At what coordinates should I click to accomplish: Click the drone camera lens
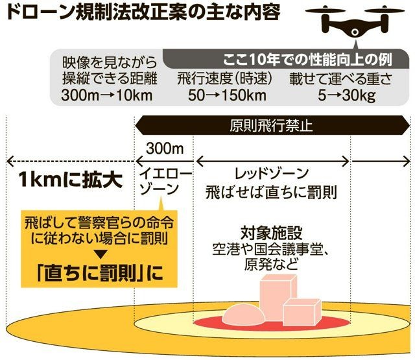click(355, 32)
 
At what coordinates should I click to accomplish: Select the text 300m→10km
click(107, 95)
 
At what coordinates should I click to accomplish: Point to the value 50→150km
click(227, 95)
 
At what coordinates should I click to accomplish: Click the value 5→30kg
click(347, 95)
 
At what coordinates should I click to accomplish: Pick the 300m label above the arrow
click(165, 149)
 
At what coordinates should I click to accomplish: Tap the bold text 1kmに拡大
click(71, 180)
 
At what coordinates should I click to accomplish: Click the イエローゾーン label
click(165, 182)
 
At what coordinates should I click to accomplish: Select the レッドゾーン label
click(272, 174)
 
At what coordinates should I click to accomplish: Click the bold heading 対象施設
click(272, 233)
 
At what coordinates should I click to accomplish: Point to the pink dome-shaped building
click(243, 315)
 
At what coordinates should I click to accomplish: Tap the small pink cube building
click(302, 312)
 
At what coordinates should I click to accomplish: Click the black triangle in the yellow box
click(100, 255)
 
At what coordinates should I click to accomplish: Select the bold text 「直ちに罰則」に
click(100, 273)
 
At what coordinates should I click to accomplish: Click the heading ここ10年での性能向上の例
click(307, 60)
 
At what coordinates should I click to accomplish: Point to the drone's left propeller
click(326, 11)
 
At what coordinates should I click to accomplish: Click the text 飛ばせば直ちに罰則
click(271, 192)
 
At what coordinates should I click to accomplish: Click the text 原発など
click(271, 264)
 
